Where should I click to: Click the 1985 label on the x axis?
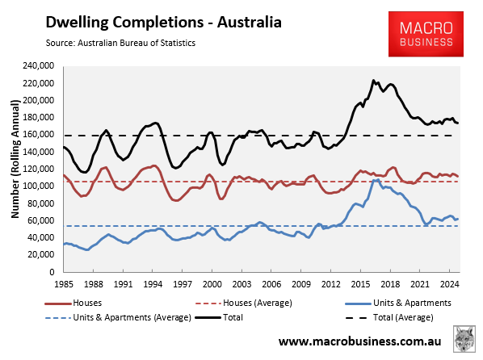click(64, 284)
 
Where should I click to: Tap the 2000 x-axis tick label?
click(212, 284)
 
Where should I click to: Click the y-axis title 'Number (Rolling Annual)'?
click(15, 169)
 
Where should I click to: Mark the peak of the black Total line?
click(373, 81)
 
